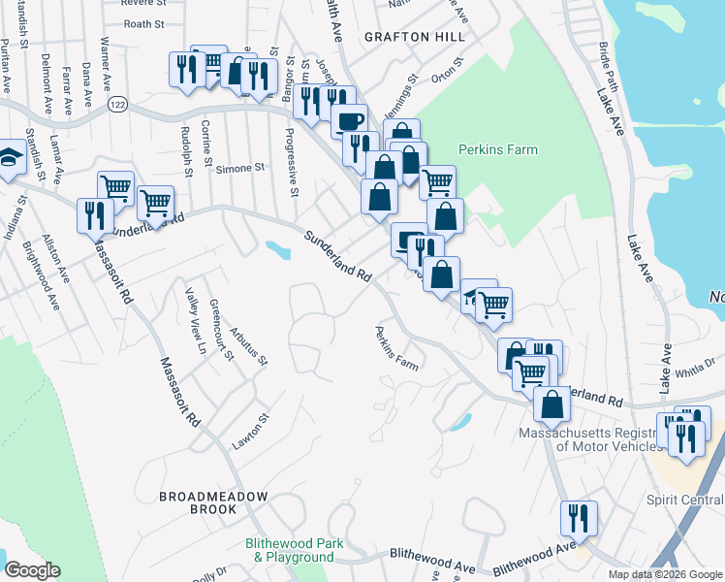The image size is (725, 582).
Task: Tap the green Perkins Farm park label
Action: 497,150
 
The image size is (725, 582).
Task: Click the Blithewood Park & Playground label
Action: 294,551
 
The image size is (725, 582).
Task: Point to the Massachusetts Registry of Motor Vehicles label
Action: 620,439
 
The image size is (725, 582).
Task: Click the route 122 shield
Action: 118,103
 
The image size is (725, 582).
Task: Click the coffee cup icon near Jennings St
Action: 350,121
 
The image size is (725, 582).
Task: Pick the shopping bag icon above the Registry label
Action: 552,405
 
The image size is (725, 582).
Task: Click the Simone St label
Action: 239,168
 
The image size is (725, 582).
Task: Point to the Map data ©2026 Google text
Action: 665,574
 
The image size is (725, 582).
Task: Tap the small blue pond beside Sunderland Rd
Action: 278,251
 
